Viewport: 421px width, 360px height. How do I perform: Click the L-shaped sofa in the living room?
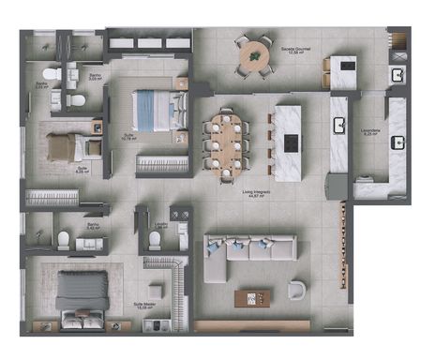coord(234,254)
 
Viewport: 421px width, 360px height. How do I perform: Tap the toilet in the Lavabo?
coord(155,241)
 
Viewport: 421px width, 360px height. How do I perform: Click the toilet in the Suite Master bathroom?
coord(64,240)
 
